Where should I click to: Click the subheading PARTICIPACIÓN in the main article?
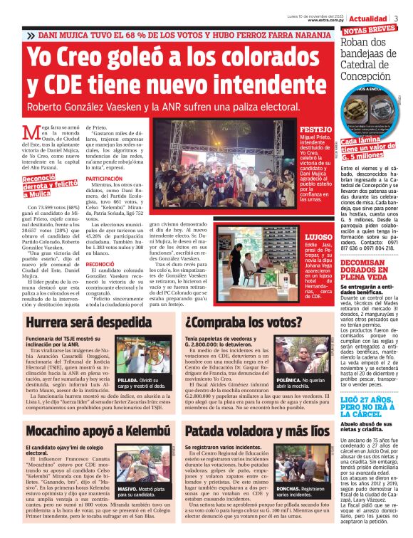[103, 179]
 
